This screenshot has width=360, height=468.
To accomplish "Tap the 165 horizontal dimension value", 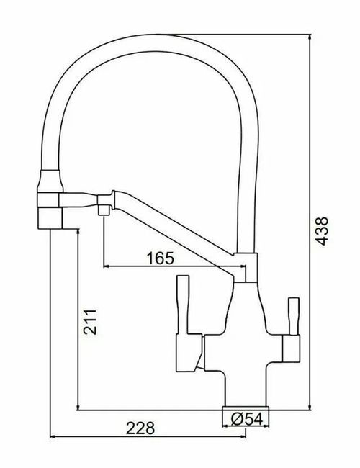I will tap(164, 257).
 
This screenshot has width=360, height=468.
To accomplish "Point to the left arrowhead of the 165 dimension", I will tap(107, 266).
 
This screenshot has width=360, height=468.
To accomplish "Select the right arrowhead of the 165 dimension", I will tap(244, 266).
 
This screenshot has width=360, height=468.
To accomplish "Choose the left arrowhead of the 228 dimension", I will tap(52, 436).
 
